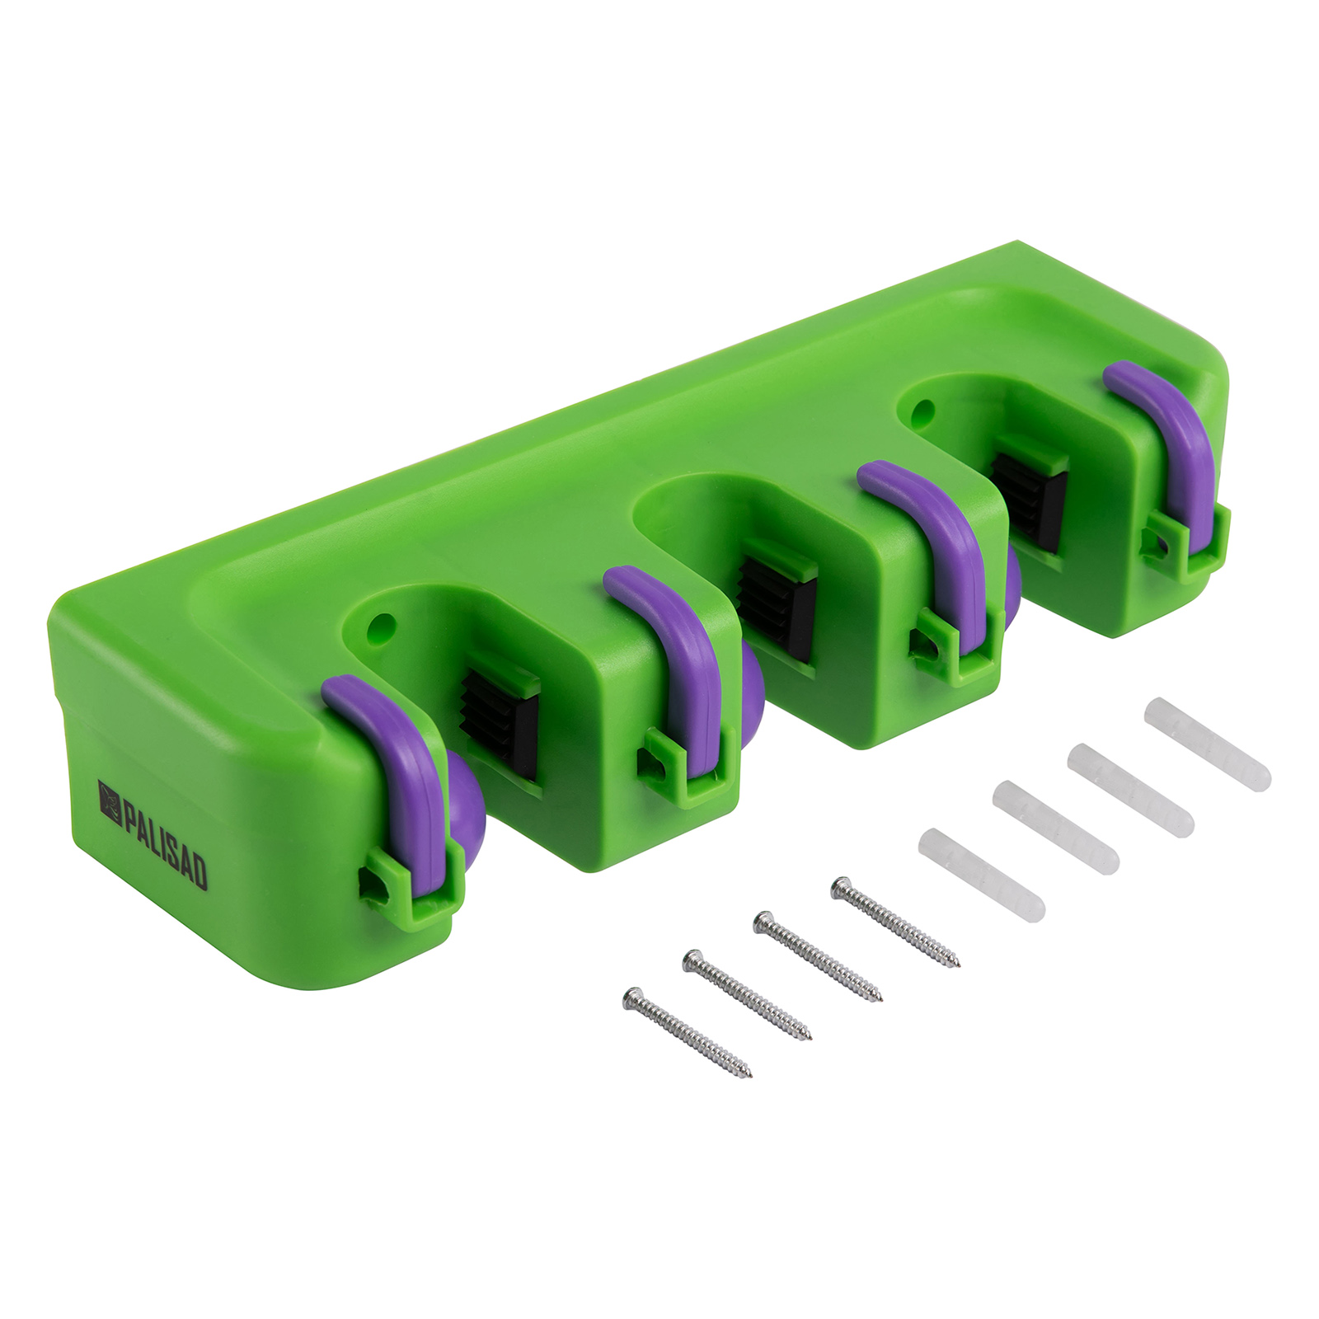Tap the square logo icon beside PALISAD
[x=110, y=797]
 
